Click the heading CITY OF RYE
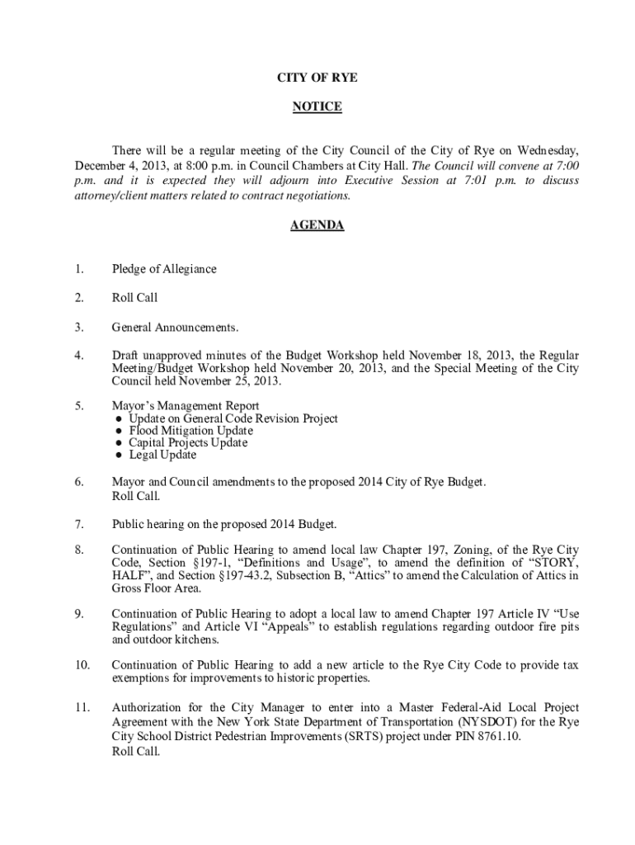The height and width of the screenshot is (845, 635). (317, 78)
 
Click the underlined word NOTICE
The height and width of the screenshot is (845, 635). (317, 107)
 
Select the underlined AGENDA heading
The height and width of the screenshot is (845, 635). (317, 225)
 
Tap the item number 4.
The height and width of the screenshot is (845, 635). (78, 355)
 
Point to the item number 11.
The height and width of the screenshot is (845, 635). (81, 707)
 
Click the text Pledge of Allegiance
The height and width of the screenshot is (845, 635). (164, 269)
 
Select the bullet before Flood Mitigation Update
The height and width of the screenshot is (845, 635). (120, 431)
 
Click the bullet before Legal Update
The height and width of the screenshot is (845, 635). (120, 455)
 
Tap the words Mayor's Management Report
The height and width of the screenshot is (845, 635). (186, 406)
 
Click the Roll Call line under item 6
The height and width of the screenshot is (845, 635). (135, 496)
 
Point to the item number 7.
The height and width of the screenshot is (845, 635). (78, 524)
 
